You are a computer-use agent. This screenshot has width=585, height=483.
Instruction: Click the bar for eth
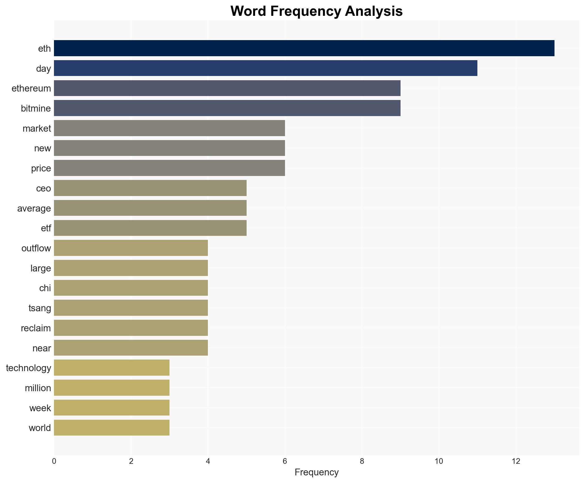pos(304,48)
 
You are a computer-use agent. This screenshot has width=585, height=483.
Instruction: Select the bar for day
pos(266,68)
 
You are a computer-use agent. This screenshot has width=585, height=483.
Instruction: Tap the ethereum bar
pos(227,88)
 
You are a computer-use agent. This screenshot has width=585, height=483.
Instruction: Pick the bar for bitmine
pos(227,108)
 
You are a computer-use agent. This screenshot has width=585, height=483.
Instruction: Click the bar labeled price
pos(169,168)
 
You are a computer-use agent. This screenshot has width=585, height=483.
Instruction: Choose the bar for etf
pos(150,228)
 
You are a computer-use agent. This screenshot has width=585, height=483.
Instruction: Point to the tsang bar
pos(131,308)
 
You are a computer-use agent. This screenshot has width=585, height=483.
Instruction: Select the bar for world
pos(112,428)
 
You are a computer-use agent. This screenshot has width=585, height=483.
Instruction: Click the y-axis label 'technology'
pos(29,368)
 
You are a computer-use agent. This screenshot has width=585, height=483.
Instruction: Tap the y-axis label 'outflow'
pos(36,248)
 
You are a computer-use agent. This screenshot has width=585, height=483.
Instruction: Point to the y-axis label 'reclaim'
pos(36,328)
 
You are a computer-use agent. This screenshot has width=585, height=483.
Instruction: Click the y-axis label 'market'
pos(37,129)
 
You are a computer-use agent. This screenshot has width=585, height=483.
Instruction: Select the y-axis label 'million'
pos(38,388)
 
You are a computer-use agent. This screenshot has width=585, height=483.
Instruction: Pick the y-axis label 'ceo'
pos(44,188)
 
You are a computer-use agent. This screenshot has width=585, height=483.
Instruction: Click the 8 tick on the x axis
pos(362,461)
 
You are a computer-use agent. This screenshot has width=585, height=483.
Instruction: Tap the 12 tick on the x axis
pos(516,461)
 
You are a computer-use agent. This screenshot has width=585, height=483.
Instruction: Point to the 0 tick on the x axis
pos(54,461)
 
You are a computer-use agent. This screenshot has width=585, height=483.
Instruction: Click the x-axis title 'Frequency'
pos(316,472)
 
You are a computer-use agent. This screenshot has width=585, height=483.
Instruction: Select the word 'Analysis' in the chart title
pos(374,11)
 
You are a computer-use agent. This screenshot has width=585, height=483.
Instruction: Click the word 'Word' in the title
pos(249,11)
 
